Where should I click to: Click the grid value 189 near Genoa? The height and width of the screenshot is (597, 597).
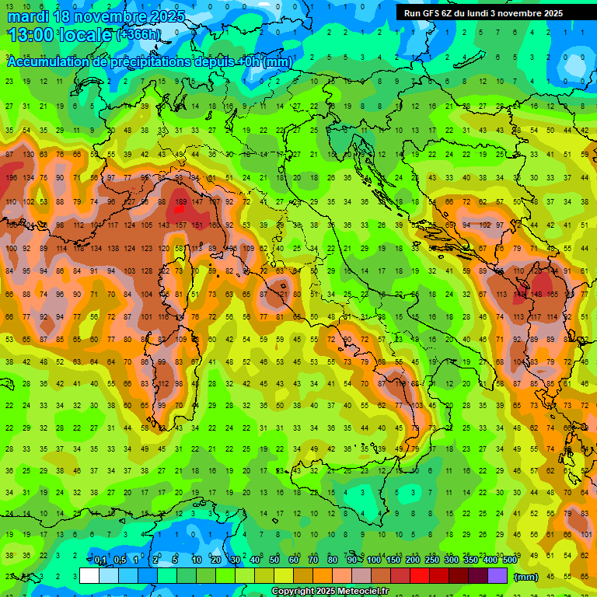pos(180,202)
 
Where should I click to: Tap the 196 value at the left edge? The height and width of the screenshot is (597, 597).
pos(11,178)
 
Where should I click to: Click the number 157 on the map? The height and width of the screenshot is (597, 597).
pos(180,225)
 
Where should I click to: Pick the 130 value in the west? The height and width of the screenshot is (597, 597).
pos(28,154)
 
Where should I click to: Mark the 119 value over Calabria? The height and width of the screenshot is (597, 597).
pos(400,384)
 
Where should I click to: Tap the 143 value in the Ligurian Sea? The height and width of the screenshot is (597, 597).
pos(164,225)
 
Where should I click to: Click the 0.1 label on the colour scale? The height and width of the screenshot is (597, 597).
pos(100,560)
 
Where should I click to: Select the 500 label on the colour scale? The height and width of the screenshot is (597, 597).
pos(509,560)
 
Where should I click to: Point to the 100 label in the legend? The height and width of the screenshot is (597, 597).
pos(374,560)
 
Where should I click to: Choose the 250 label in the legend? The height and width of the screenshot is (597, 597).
pos(431,560)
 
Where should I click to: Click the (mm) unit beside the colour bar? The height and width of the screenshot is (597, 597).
pos(525,576)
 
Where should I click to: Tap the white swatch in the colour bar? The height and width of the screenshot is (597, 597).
pos(89,576)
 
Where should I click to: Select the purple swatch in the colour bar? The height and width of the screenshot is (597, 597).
pos(497,576)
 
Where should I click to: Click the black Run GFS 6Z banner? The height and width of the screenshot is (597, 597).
pos(489,13)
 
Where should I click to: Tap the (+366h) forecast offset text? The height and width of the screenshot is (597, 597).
pos(139,35)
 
